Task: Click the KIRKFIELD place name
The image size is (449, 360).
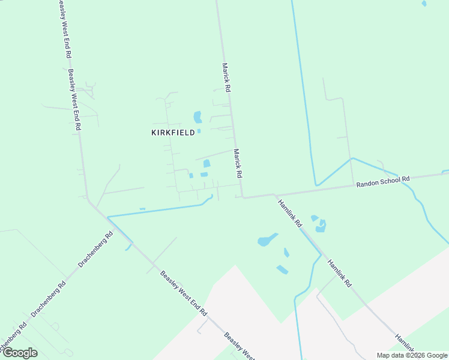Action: [173, 133]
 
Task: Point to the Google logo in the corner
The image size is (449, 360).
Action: [19, 352]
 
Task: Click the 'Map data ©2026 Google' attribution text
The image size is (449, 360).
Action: [412, 355]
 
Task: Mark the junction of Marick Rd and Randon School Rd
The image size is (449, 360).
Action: [242, 196]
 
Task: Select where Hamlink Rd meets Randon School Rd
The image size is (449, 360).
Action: [275, 194]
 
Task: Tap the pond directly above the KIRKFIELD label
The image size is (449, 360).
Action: [197, 116]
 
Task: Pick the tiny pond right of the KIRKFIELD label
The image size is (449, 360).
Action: [199, 131]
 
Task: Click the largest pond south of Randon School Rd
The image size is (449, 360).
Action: [267, 240]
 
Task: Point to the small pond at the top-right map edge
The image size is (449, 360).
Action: [424, 3]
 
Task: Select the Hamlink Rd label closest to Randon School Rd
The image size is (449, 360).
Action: [290, 213]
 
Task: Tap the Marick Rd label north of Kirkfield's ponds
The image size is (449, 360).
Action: [226, 77]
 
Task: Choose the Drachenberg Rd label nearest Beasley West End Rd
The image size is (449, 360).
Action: [95, 249]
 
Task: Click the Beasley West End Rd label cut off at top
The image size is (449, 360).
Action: [64, 29]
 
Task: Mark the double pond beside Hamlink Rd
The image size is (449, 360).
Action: [319, 224]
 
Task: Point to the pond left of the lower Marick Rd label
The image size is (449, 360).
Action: [206, 163]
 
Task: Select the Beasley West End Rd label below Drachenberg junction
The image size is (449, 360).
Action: [184, 294]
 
